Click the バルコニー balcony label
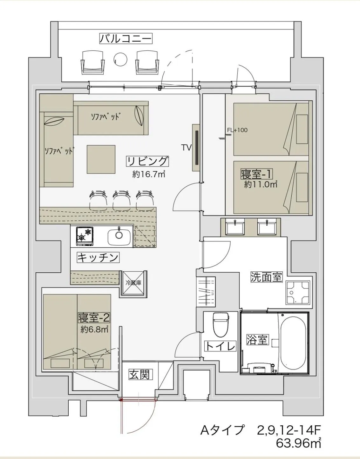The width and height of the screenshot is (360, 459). click(x=126, y=39)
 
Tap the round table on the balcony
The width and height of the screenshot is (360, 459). click(x=120, y=59)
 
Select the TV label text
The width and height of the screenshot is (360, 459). click(x=186, y=148)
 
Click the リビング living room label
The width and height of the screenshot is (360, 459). click(x=147, y=162)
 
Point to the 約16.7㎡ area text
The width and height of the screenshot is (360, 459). click(x=149, y=175)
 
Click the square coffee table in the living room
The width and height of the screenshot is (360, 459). click(x=101, y=159)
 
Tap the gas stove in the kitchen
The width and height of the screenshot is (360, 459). click(x=85, y=236)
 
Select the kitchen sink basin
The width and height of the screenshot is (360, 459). click(x=119, y=237)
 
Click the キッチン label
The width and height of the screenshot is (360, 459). click(x=98, y=257)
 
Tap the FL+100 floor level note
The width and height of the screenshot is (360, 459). click(x=237, y=130)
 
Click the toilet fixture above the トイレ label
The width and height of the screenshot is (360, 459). click(x=221, y=324)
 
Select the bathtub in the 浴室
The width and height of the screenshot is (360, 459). click(x=293, y=345)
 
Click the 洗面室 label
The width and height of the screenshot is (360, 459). click(x=266, y=277)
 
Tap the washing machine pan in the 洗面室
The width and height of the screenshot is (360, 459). click(x=298, y=293)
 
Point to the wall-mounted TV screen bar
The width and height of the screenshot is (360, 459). click(x=197, y=148)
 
